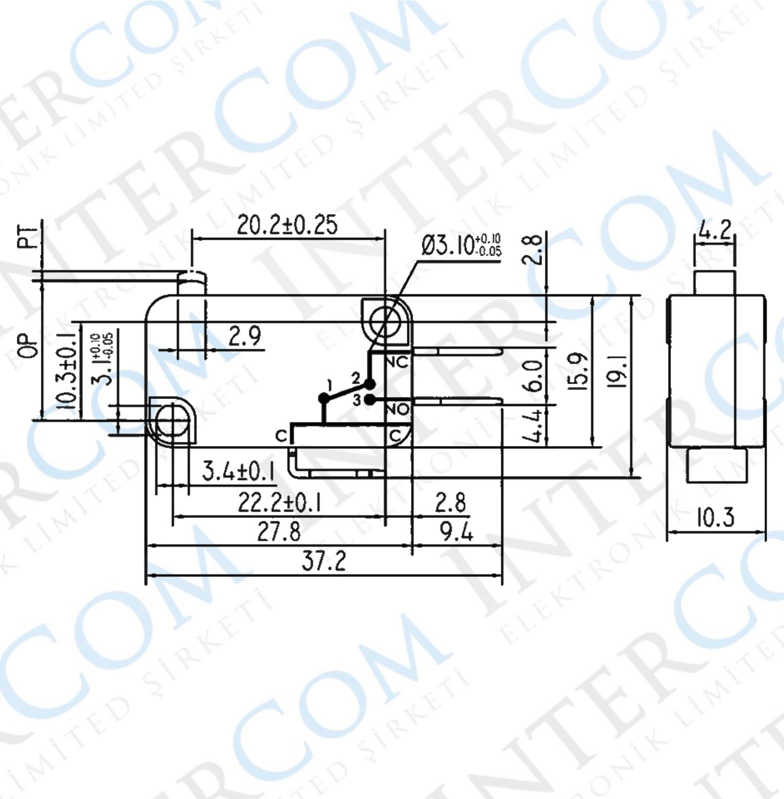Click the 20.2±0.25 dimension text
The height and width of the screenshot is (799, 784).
click(287, 225)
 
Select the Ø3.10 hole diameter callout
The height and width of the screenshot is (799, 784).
click(460, 245)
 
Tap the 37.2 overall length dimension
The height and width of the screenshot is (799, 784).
click(324, 561)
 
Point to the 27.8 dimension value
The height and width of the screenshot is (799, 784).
click(279, 532)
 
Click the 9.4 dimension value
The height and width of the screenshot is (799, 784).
click(456, 532)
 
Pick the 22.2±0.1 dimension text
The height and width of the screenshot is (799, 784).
click(279, 503)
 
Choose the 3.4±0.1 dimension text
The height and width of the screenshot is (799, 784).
click(239, 471)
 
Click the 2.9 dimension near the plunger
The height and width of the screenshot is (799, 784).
click(244, 336)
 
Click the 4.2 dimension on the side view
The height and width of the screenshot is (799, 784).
click(715, 230)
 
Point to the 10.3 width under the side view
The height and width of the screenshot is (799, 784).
click(716, 517)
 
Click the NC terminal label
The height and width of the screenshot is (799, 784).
click(398, 362)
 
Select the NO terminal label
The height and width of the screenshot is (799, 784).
click(398, 409)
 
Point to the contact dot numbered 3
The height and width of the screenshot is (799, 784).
click(370, 399)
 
